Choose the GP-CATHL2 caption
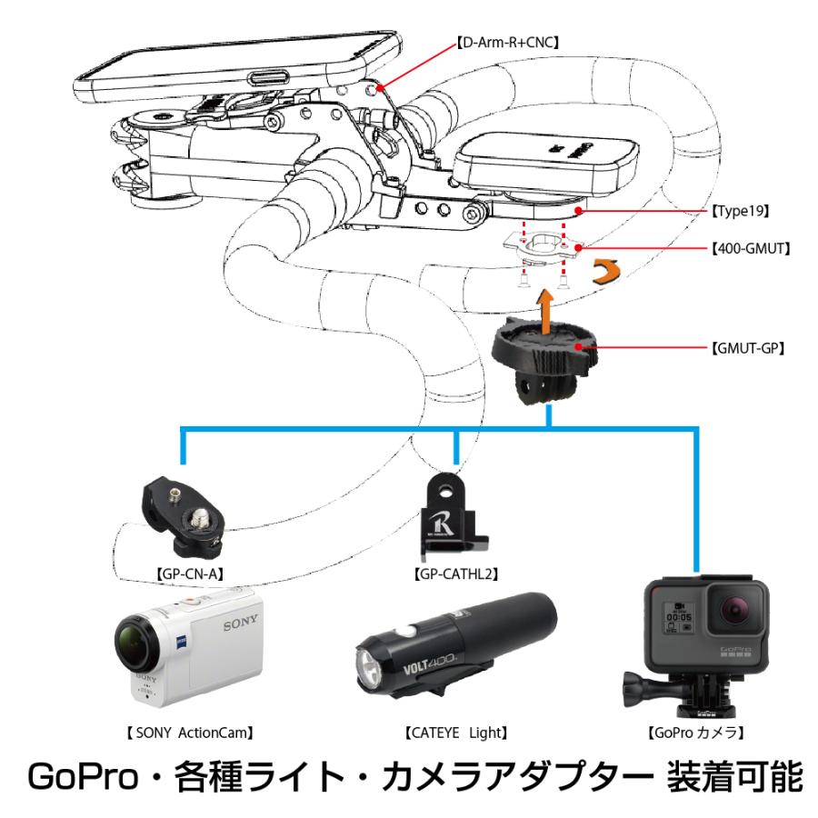click(x=454, y=574)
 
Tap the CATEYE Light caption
click(x=455, y=730)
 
